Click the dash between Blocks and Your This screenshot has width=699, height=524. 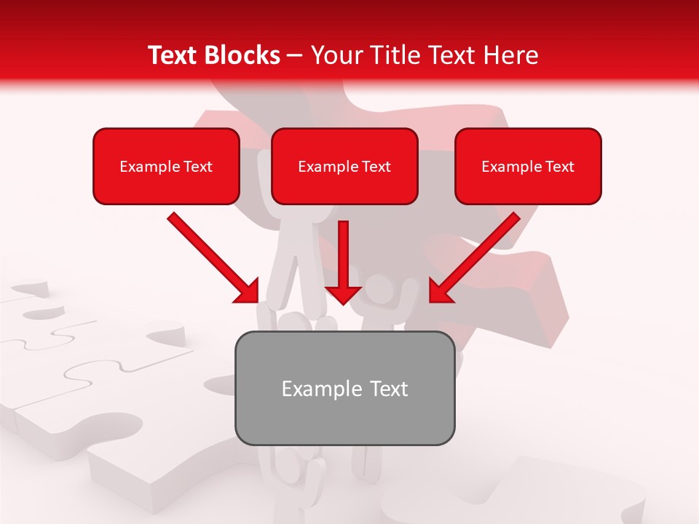(295, 56)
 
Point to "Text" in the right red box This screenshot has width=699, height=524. (559, 167)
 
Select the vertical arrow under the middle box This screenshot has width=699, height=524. (343, 258)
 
